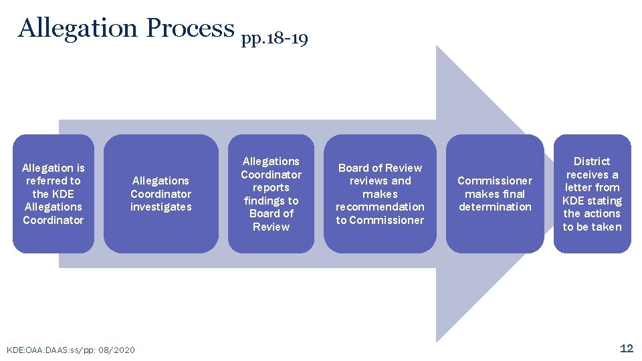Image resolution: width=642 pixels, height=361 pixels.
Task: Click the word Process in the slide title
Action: tap(190, 28)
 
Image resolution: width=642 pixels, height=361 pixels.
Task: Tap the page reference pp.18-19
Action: tap(274, 39)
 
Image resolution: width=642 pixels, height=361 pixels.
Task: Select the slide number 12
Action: tap(627, 348)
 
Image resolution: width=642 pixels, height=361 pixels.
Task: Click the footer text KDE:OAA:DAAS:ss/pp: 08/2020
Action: tap(70, 350)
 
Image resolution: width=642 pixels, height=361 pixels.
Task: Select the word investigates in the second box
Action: tap(160, 207)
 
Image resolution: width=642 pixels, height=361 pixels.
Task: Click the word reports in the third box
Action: tap(271, 188)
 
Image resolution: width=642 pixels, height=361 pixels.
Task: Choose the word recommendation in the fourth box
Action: tap(380, 207)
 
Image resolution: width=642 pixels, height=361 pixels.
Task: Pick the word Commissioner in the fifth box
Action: tap(495, 181)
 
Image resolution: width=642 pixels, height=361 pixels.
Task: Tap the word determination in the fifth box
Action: tap(495, 207)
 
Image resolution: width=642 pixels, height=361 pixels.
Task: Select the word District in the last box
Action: tap(592, 161)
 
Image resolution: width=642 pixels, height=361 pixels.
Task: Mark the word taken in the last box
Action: tap(606, 227)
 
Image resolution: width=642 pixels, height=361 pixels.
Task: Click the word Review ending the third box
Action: tap(271, 227)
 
